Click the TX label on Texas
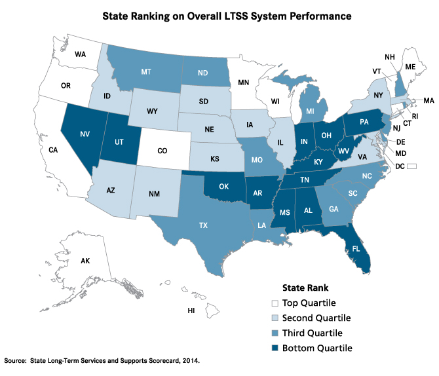[x=203, y=224]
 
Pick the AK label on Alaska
[x=85, y=261]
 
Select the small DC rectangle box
[x=411, y=168]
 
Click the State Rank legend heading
[x=305, y=287]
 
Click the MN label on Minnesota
[x=244, y=83]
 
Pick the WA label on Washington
[x=81, y=54]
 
